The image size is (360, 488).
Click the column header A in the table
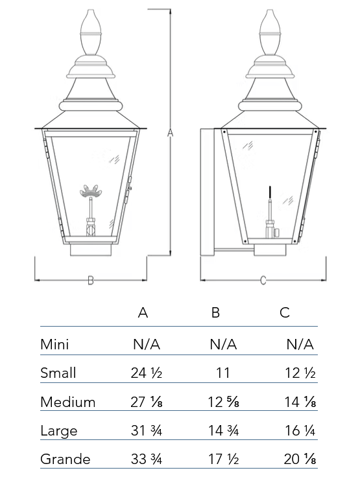(143, 312)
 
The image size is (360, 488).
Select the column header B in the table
(215, 312)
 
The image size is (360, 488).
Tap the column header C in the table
(285, 312)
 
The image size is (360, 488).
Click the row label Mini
(54, 344)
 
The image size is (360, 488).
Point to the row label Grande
(66, 459)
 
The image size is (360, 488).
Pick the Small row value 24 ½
(147, 373)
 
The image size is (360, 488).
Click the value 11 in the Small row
(223, 373)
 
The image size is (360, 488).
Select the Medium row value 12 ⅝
(223, 402)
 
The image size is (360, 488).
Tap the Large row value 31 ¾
(147, 430)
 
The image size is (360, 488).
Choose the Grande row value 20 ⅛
(300, 459)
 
